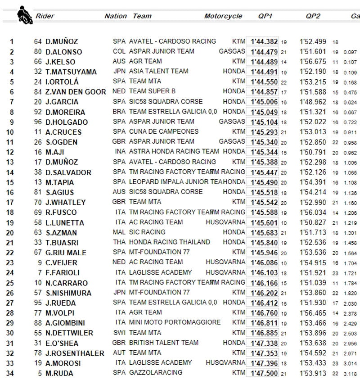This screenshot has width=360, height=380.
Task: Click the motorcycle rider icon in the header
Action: pyautogui.click(x=22, y=15)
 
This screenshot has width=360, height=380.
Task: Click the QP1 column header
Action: pyautogui.click(x=265, y=16)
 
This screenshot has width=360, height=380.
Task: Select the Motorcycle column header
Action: pyautogui.click(x=223, y=16)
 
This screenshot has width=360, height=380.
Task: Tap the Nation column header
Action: pyautogui.click(x=116, y=16)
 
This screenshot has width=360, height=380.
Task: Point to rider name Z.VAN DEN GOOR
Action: pyautogui.click(x=76, y=92)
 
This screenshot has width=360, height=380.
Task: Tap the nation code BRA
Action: pyautogui.click(x=119, y=112)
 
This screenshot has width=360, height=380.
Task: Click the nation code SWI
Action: pyautogui.click(x=119, y=333)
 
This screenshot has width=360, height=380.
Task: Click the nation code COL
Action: pyautogui.click(x=119, y=51)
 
